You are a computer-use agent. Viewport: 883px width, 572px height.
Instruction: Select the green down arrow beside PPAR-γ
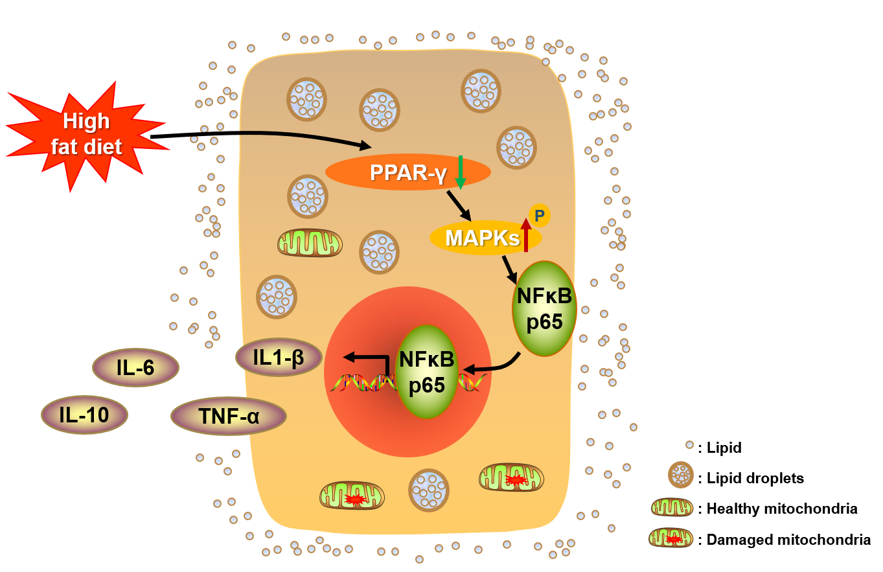[x=461, y=172]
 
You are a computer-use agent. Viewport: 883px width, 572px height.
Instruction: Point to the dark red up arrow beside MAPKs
[x=525, y=235]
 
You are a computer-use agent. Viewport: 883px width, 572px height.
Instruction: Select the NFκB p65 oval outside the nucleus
[x=544, y=308]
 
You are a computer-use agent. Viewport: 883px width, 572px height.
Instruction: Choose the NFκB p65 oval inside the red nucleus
[x=426, y=371]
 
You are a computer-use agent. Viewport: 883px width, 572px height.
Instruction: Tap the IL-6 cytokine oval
[x=135, y=367]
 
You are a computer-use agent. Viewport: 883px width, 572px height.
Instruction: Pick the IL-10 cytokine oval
[x=84, y=415]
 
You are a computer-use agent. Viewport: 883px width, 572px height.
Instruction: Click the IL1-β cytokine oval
[x=279, y=357]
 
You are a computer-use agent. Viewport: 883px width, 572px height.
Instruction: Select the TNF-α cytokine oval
[x=228, y=416]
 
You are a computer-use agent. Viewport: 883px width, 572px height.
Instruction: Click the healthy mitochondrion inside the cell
[x=310, y=242]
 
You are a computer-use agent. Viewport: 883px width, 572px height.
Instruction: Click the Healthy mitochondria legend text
[x=782, y=509]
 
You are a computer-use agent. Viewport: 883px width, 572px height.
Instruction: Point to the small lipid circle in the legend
[x=689, y=446]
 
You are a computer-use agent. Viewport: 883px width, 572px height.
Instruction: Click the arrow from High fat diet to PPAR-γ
[x=259, y=135]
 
